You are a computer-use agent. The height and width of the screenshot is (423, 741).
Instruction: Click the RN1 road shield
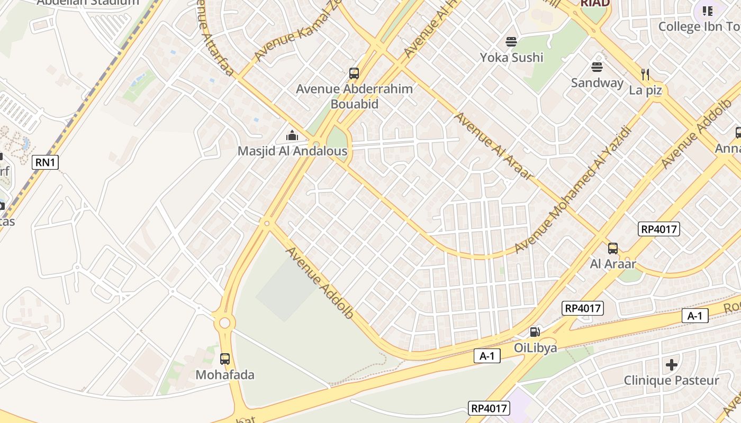click(x=45, y=162)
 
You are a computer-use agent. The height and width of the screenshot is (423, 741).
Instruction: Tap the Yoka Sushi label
click(x=511, y=57)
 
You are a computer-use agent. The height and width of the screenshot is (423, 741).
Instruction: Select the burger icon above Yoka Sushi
click(x=511, y=41)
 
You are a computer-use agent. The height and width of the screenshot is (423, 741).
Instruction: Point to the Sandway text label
click(x=597, y=82)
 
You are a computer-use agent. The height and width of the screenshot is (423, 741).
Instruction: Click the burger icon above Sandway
click(x=597, y=67)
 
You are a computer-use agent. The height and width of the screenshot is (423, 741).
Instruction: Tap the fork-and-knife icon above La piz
click(x=645, y=74)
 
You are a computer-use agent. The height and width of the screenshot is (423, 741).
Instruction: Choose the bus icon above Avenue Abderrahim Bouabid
click(x=354, y=73)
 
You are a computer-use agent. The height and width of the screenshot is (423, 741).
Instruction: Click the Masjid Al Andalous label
click(x=292, y=151)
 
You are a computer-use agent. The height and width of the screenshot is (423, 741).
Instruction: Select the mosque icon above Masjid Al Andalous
click(x=292, y=136)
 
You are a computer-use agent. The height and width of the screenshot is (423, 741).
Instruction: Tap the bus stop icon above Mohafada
click(x=225, y=359)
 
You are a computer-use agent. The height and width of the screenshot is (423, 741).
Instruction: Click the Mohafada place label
click(x=225, y=375)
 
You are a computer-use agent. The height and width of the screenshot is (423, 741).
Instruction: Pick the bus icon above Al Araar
click(x=613, y=248)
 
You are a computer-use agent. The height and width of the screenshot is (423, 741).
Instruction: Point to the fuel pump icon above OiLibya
click(x=535, y=332)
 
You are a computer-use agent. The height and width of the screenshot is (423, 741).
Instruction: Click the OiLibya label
click(x=536, y=347)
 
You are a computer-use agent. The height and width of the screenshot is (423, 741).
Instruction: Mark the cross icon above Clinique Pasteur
click(x=672, y=364)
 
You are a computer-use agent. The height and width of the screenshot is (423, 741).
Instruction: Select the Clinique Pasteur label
click(x=671, y=380)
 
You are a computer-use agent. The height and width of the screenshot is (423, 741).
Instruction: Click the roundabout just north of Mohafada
click(x=225, y=322)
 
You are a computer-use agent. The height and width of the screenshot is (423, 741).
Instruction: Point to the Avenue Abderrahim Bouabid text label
click(x=354, y=96)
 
